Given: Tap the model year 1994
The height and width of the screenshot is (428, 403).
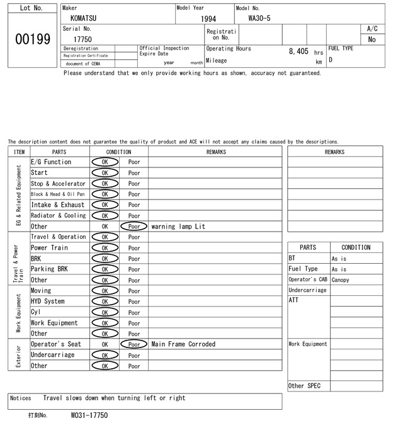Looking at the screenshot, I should [x=208, y=19].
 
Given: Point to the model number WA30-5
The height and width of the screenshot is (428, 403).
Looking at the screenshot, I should [x=259, y=18].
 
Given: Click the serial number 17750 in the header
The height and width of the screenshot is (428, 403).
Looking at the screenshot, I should [x=82, y=39].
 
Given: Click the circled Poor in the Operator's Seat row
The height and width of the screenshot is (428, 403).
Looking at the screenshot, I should [x=133, y=344].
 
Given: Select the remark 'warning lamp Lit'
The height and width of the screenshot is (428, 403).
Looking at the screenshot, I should [x=178, y=227].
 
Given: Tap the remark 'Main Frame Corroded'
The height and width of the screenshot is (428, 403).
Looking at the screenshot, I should [x=183, y=344].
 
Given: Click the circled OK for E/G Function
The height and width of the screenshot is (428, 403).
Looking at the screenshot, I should [x=105, y=162].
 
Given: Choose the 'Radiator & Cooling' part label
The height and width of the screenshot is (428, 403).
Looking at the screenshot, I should [x=58, y=216].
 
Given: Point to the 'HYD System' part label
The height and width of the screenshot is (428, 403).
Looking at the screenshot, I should [x=47, y=301].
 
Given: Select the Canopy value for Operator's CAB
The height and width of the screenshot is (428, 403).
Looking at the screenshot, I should [x=341, y=280].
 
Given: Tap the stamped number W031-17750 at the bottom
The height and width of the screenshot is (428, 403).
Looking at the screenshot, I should [x=89, y=416].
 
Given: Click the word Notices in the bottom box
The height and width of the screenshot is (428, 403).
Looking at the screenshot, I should [x=21, y=398].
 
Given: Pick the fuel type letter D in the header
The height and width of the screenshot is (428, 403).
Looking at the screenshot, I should [x=331, y=60].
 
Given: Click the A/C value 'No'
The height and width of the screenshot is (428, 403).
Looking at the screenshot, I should [x=372, y=39].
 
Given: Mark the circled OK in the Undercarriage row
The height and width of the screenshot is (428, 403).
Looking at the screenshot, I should [x=105, y=355].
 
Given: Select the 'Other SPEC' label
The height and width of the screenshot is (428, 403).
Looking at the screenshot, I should [x=304, y=386].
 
